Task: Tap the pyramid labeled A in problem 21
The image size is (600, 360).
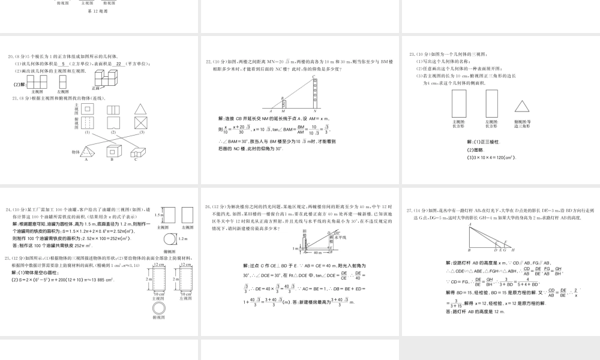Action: [x=86, y=152]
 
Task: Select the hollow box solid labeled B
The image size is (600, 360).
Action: [x=113, y=151]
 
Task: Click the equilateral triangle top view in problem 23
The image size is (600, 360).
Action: [x=522, y=106]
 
